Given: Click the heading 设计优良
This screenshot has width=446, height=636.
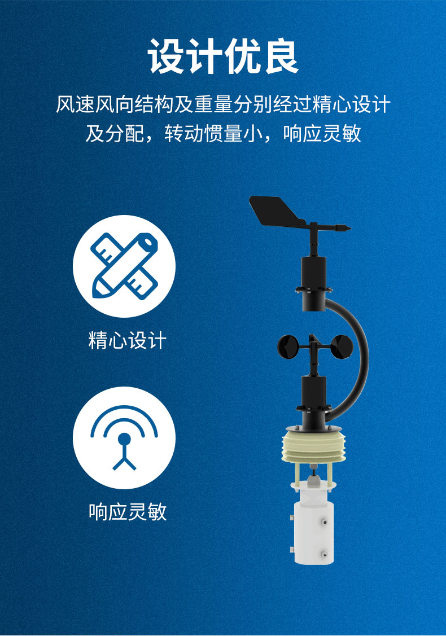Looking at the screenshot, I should pyautogui.click(x=223, y=57).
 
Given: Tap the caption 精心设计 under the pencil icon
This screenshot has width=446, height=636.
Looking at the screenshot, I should pyautogui.click(x=128, y=341).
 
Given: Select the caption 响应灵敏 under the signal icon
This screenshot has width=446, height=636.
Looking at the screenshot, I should pyautogui.click(x=128, y=511).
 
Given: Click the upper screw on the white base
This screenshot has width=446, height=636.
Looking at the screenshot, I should pyautogui.click(x=327, y=524).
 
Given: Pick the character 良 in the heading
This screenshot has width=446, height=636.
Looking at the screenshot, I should pyautogui.click(x=279, y=57).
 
